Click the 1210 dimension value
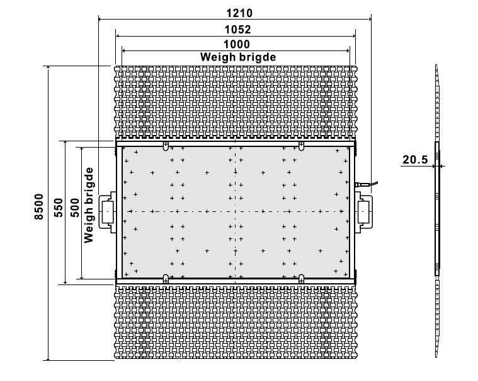click(x=239, y=13)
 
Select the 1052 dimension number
click(x=237, y=30)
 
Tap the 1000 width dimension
click(x=237, y=44)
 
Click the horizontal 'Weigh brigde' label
click(x=238, y=57)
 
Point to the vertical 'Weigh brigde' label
click(x=89, y=205)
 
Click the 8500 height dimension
click(x=39, y=207)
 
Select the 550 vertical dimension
click(x=58, y=208)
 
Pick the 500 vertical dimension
click(x=75, y=208)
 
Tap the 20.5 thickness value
click(x=415, y=160)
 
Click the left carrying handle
click(x=107, y=211)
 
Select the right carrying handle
click(x=363, y=211)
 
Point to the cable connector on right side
click(x=366, y=184)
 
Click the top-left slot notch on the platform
click(x=166, y=146)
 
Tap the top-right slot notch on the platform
click(x=301, y=146)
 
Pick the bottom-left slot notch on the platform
click(x=166, y=279)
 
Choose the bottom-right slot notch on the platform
click(x=301, y=279)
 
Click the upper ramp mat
click(x=236, y=103)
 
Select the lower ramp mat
click(x=236, y=322)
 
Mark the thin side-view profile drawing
click(x=437, y=211)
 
